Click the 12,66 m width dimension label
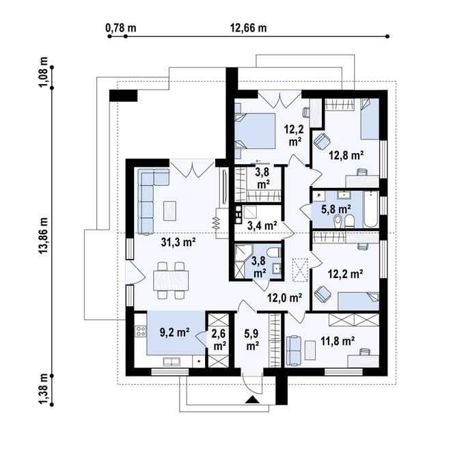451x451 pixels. click(248, 28)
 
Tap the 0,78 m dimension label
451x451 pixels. click(121, 28)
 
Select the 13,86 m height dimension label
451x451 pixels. click(44, 236)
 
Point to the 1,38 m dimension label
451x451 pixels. click(44, 389)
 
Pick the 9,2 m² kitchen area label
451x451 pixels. click(174, 333)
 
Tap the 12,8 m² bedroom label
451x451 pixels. click(346, 156)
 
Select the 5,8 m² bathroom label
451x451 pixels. click(336, 209)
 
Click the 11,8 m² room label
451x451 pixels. click(338, 342)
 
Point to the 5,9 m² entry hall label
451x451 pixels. click(251, 340)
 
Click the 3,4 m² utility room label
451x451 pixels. click(262, 225)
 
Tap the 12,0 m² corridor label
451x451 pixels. click(285, 298)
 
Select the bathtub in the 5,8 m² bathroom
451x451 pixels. click(370, 209)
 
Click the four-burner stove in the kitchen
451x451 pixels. click(141, 331)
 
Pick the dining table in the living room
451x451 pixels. click(171, 280)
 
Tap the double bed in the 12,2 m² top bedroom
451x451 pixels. click(255, 131)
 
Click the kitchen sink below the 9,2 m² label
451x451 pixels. click(172, 362)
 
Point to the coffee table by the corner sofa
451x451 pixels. click(169, 211)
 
